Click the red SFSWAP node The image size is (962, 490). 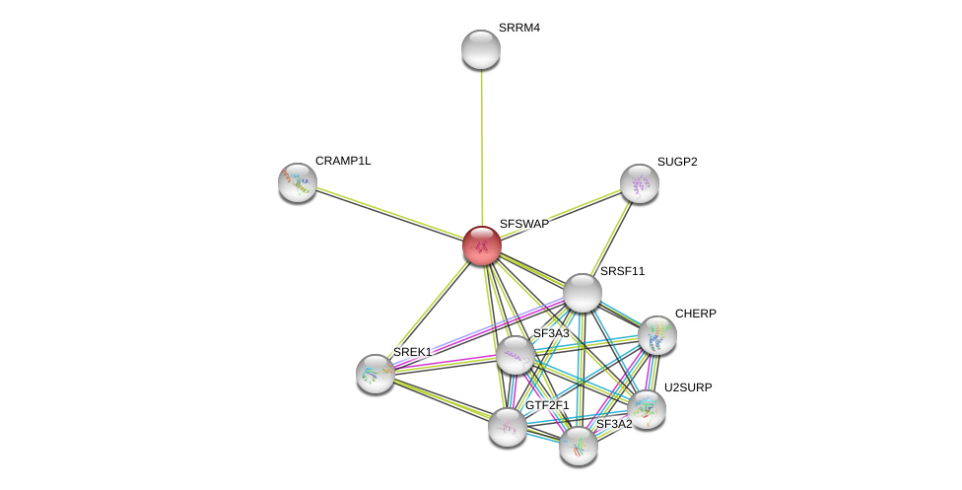482,245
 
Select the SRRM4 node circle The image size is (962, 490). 481,49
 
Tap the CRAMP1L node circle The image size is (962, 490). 297,182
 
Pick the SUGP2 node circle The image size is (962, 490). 639,183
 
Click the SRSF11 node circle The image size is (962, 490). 583,293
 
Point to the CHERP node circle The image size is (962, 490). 657,335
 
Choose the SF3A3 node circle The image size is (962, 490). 515,355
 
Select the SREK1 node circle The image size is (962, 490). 376,374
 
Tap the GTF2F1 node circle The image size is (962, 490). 508,427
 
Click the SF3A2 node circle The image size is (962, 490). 579,446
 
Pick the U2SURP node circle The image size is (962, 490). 647,408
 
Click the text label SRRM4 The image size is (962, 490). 518,28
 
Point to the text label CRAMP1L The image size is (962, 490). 343,161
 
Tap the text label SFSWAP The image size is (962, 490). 523,224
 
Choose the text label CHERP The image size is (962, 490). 695,314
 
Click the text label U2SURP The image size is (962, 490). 687,387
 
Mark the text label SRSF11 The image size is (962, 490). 622,271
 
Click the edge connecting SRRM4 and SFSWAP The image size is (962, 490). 482,148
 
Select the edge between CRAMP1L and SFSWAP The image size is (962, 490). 389,214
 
